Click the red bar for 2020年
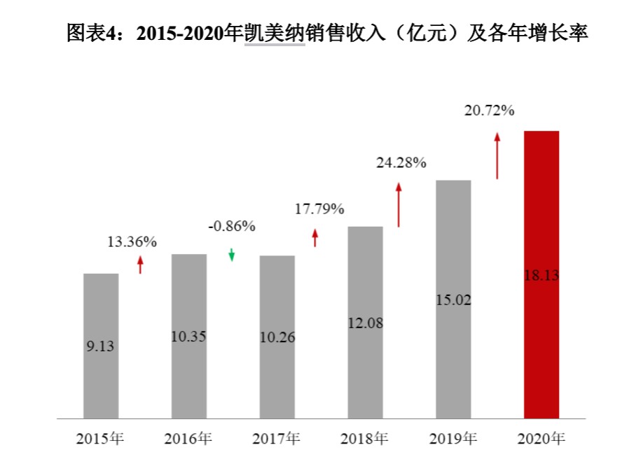541,274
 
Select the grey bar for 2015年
101,346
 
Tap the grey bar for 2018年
366,323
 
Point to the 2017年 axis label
276,439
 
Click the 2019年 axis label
453,439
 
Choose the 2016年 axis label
188,439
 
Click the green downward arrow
232,255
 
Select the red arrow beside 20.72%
497,156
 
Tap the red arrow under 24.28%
399,204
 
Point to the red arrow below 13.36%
140,264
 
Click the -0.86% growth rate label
232,226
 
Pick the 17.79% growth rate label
319,209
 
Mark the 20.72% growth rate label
489,110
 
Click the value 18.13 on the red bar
541,275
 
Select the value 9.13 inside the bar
100,346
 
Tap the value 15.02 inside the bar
453,300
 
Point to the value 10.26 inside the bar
277,337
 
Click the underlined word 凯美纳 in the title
275,32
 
